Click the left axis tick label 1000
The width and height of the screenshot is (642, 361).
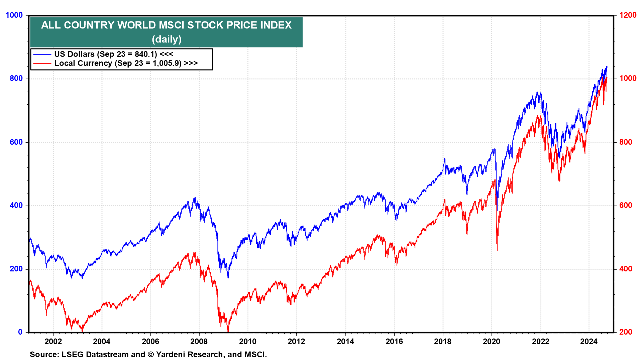14,15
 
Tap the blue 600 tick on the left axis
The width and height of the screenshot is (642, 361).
16,142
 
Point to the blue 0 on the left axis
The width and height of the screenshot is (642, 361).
20,332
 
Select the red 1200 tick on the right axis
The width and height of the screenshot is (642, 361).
628,15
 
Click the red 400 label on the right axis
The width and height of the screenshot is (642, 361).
626,269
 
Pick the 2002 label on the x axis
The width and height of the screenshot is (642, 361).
53,341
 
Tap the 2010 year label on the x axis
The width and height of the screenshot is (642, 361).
248,341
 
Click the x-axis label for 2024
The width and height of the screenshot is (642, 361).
589,341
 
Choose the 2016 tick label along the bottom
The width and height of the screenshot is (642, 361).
394,341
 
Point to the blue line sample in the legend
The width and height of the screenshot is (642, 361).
42,54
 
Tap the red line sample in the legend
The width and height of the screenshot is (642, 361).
42,63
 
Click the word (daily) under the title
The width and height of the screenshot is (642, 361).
167,39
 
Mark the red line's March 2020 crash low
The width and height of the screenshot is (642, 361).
497,250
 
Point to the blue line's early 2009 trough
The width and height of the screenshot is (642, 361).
228,277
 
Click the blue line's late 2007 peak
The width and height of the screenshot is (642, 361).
195,198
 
